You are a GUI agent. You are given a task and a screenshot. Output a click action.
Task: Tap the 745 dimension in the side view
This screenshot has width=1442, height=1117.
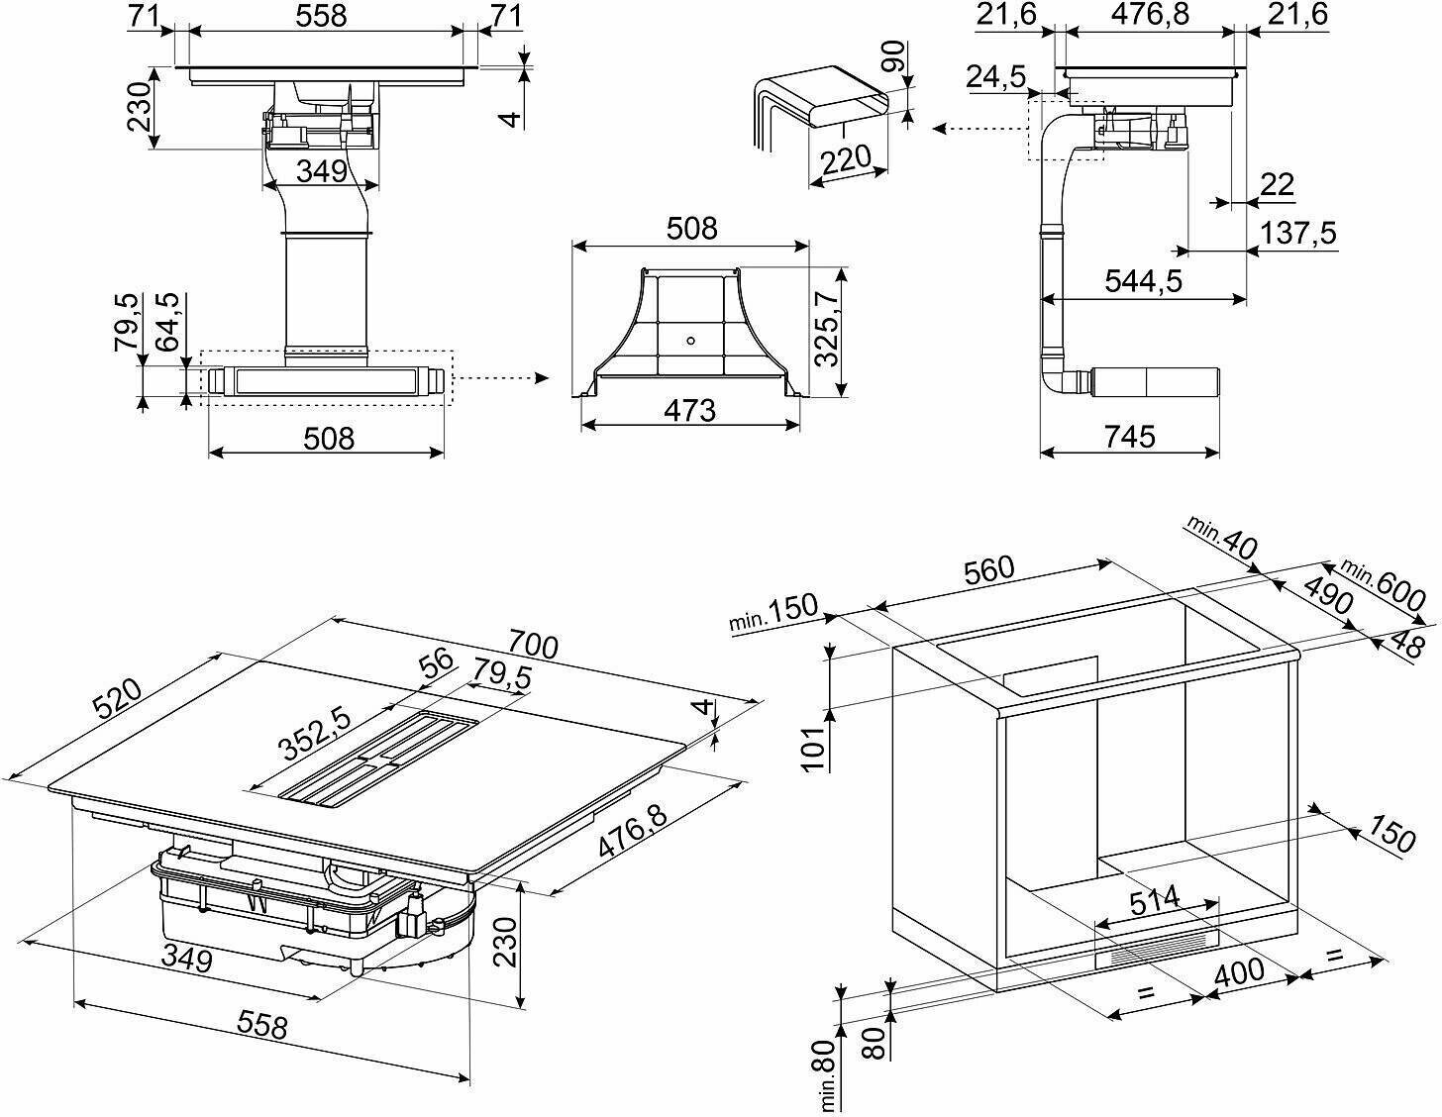coord(1130,436)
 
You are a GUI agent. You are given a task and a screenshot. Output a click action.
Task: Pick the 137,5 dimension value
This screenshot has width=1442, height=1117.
coord(1298,234)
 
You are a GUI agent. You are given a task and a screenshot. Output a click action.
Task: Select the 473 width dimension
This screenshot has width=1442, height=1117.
coord(689,409)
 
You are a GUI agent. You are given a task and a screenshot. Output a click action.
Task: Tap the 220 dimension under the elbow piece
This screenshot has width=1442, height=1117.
coord(846,158)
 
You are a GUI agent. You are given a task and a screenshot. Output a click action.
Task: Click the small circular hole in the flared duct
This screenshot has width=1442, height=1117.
coord(690,342)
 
